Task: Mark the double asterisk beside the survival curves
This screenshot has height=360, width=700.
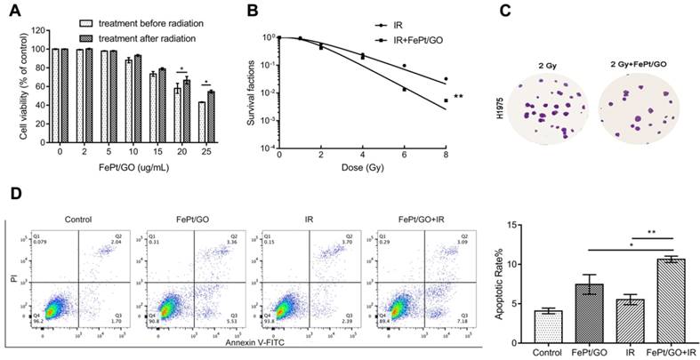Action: click(x=460, y=97)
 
